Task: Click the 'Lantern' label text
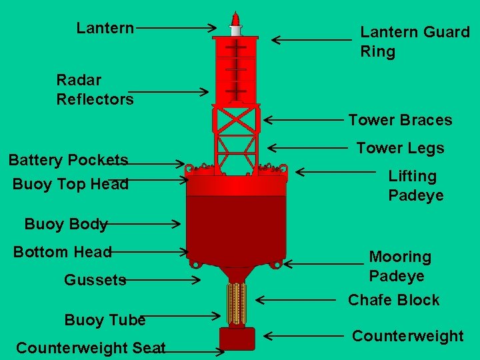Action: [x=105, y=28]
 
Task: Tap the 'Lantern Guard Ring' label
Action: [x=415, y=41]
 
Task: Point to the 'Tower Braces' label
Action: [x=400, y=121]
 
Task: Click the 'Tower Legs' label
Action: [x=400, y=148]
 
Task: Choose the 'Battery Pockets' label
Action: [x=68, y=160]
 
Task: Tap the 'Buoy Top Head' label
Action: [x=70, y=184]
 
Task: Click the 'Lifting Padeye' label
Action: [x=415, y=186]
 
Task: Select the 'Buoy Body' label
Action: [x=66, y=224]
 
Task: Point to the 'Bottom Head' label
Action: [x=63, y=252]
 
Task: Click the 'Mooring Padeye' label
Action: [x=400, y=266]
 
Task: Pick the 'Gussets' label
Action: [x=95, y=280]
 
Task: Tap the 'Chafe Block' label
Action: [x=393, y=300]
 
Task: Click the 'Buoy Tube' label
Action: [x=105, y=320]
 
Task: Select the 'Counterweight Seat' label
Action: [x=91, y=348]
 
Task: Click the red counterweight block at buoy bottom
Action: [x=237, y=339]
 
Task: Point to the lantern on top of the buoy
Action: [x=235, y=24]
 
